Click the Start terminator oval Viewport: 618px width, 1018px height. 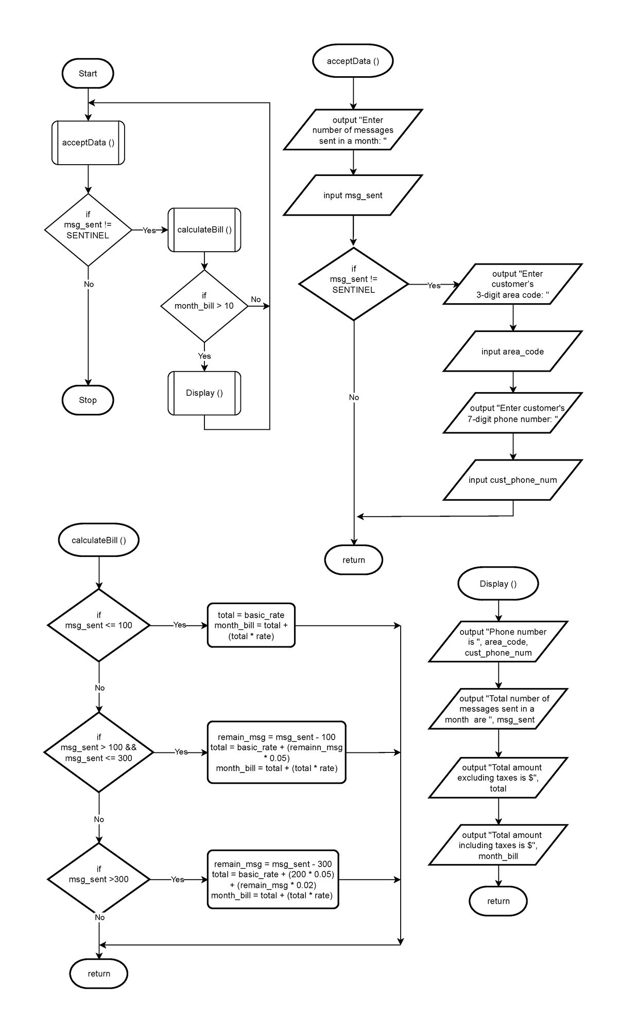[x=88, y=74]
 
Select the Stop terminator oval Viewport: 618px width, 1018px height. [x=88, y=400]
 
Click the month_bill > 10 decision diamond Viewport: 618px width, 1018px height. [x=204, y=306]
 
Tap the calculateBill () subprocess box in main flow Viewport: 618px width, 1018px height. [x=204, y=230]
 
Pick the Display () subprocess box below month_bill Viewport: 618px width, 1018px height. [x=204, y=393]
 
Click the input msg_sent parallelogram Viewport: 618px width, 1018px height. [x=353, y=195]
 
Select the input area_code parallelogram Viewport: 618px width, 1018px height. [x=512, y=352]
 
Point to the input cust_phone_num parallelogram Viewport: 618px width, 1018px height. [x=512, y=480]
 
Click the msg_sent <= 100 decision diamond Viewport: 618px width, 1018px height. [x=98, y=625]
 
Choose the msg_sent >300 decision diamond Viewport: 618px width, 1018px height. [x=98, y=879]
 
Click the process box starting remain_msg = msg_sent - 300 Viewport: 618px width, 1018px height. [x=272, y=879]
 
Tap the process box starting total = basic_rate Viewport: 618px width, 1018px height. [x=251, y=625]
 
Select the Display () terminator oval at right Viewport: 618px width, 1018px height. [x=498, y=584]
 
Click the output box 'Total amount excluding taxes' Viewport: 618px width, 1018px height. [x=498, y=778]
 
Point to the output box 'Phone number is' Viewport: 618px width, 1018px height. [x=498, y=642]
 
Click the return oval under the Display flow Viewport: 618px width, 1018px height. [x=498, y=901]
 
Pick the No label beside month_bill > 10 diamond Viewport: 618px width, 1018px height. [x=255, y=300]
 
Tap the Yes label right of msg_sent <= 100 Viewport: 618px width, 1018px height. [x=179, y=625]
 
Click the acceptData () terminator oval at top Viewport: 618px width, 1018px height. [x=353, y=61]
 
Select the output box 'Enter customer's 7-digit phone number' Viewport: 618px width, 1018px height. [x=512, y=413]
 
